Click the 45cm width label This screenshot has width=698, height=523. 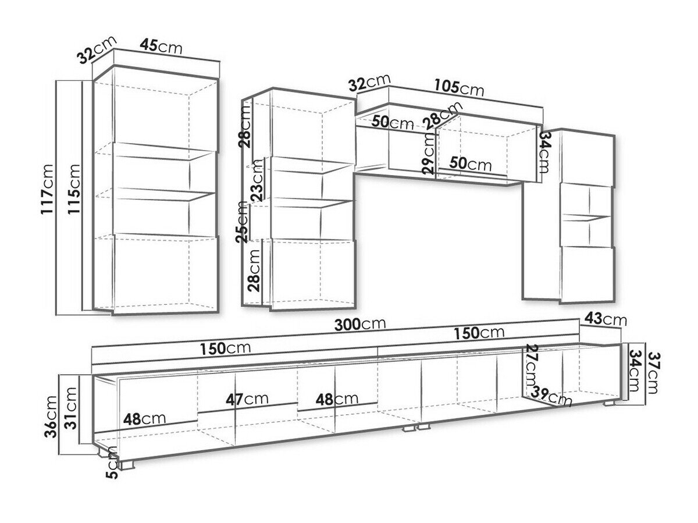coord(161,47)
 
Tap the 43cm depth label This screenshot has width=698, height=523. coord(606,319)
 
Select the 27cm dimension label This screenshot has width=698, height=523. coord(530,368)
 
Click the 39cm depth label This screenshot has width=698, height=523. coord(552,397)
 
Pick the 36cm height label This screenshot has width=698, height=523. coord(51,415)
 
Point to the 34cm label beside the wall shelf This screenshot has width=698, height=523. coord(544,153)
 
